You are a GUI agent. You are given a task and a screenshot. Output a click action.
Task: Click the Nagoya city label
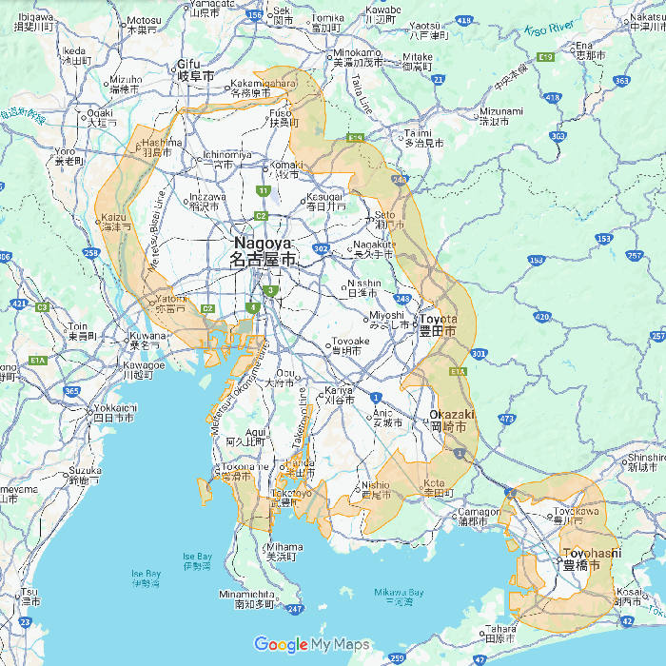(264, 251)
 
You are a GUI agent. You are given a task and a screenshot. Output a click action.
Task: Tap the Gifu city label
(195, 69)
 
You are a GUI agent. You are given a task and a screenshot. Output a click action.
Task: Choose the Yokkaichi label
(114, 412)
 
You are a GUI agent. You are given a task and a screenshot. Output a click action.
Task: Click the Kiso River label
(550, 29)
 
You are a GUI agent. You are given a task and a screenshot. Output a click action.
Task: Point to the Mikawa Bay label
(393, 597)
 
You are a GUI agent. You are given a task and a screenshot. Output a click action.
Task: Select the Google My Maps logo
(311, 645)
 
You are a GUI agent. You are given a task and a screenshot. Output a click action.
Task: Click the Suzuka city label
(85, 475)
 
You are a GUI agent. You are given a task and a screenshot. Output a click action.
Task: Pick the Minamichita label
(247, 598)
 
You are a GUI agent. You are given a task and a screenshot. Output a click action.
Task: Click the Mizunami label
(501, 115)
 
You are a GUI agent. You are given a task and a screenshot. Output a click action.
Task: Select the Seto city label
(384, 219)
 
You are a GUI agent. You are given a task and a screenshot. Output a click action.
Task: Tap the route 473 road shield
(505, 418)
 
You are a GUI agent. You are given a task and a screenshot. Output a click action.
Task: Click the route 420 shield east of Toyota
(542, 316)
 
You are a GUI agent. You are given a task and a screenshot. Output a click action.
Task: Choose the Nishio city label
(375, 489)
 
